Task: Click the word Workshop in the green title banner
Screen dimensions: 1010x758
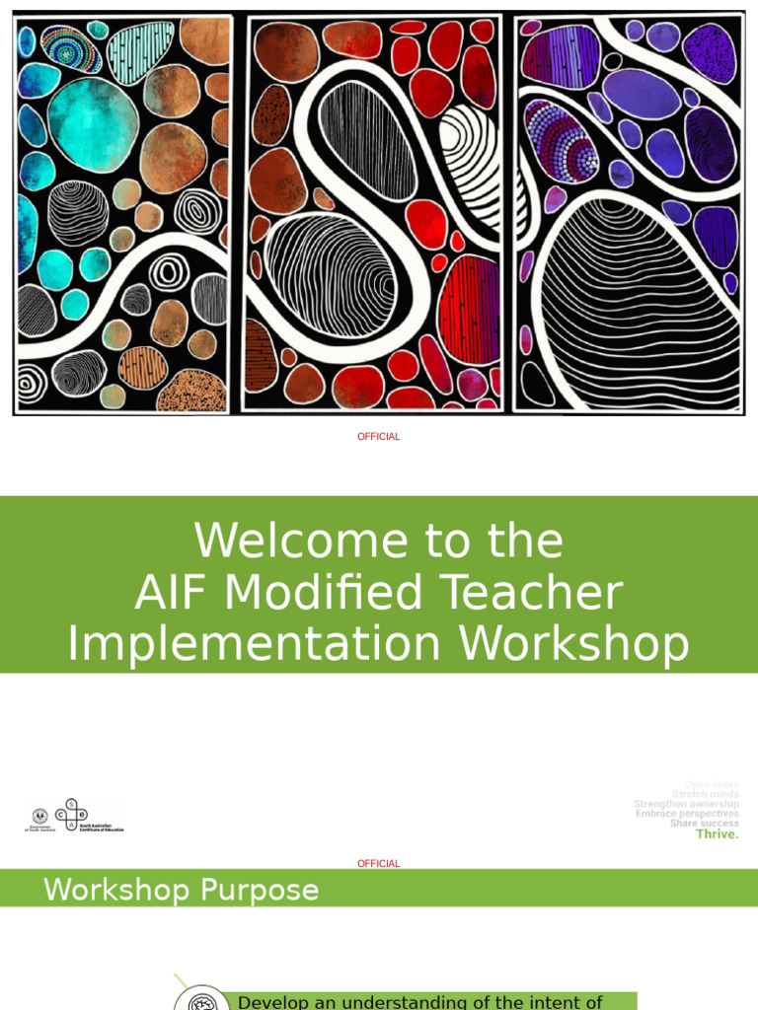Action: click(x=573, y=644)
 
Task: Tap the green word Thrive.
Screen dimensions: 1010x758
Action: click(x=717, y=834)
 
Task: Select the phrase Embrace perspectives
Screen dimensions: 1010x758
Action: click(x=687, y=814)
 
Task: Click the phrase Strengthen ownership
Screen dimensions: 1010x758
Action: click(x=686, y=804)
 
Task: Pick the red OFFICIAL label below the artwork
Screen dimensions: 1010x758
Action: click(x=379, y=437)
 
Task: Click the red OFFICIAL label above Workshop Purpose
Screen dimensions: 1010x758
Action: click(x=379, y=864)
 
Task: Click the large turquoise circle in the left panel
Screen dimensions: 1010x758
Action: click(x=93, y=124)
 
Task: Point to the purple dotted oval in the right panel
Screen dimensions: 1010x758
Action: click(x=561, y=139)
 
